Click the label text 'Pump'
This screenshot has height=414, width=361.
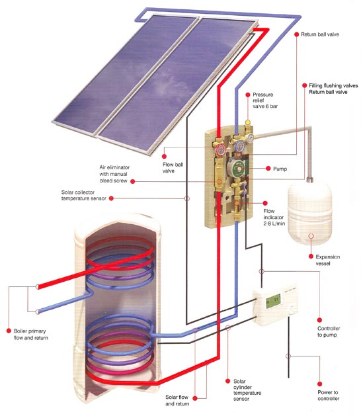pos(280,169)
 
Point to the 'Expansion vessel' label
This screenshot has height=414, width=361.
pos(327,260)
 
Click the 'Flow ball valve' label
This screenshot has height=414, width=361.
pos(173,168)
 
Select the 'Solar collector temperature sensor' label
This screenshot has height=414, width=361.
pos(84,195)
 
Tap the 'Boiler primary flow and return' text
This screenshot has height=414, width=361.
pos(30,334)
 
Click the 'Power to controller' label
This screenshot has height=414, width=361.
pos(329,395)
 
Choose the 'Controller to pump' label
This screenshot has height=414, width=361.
pos(329,331)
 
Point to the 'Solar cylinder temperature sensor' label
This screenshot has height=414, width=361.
pos(247,390)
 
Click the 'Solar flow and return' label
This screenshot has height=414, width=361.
pos(177,400)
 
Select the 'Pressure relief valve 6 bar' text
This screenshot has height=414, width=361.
pos(265,101)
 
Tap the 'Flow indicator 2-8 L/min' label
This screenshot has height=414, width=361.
pos(274,217)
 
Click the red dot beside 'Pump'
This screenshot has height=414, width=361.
pos(268,169)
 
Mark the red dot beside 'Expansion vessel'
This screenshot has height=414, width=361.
pos(311,257)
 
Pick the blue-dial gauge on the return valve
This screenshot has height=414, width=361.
pos(239,145)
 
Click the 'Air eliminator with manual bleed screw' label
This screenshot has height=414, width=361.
pos(114,174)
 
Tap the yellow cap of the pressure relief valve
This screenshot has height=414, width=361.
pos(248,122)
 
